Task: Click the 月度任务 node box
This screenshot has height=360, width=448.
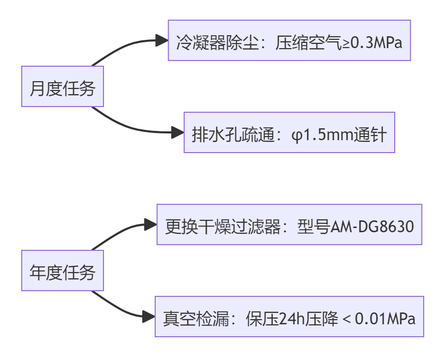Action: tap(62, 87)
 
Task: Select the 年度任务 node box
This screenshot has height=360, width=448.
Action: tap(62, 271)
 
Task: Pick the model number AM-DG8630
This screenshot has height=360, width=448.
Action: tap(372, 226)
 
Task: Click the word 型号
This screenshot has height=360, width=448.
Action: tap(313, 226)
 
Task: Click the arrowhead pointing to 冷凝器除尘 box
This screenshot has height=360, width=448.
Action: tap(163, 41)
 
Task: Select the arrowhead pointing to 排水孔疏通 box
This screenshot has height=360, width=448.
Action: tap(178, 133)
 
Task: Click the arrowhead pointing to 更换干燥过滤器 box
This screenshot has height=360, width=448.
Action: tap(152, 225)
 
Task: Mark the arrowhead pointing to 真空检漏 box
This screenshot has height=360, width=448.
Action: tap(150, 317)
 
